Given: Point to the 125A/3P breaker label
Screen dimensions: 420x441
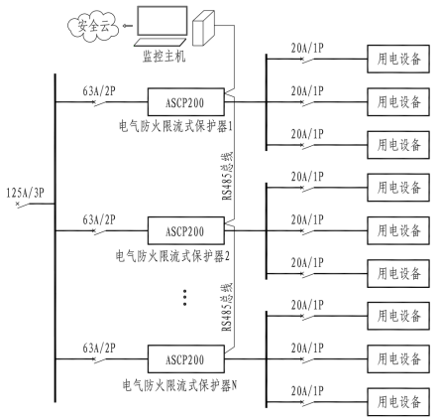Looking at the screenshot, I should [21, 189].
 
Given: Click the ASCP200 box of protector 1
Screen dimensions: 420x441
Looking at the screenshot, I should [183, 100].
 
